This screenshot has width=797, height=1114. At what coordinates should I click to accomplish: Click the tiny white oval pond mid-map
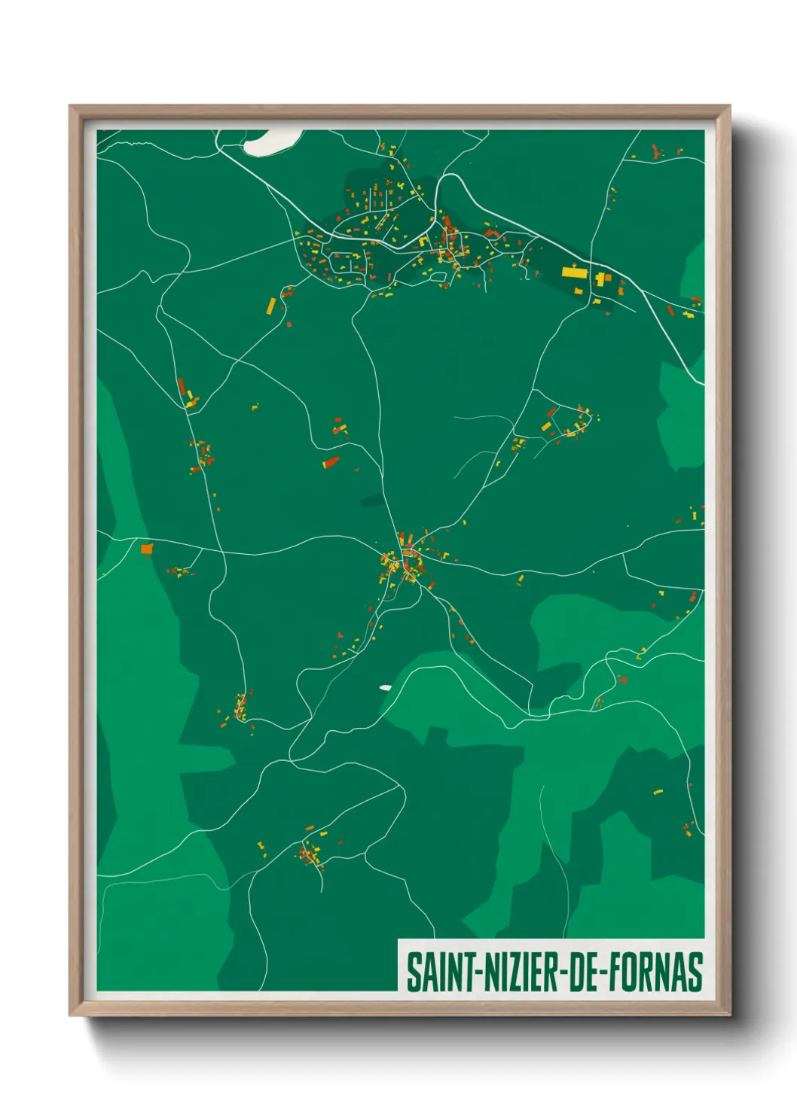386,687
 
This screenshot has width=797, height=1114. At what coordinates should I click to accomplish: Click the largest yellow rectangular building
574,272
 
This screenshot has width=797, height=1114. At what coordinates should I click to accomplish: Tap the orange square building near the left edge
147,549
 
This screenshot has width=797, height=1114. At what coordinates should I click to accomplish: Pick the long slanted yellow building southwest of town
271,306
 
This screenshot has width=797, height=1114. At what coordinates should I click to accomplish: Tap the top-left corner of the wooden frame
71,107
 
